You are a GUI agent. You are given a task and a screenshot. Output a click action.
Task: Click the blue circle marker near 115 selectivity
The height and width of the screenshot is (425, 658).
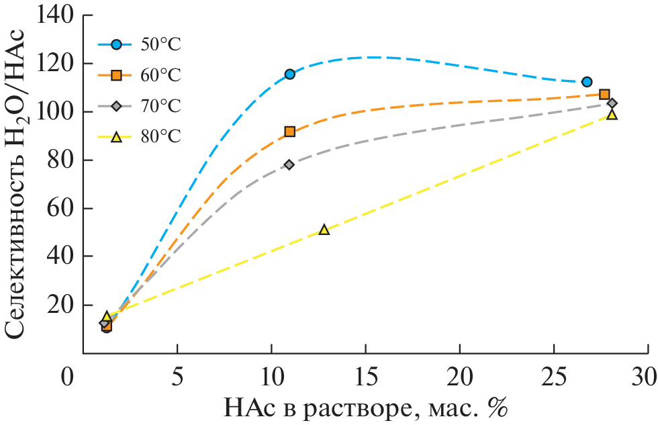(289, 74)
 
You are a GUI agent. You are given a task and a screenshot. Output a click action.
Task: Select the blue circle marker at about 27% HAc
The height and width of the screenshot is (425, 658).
(587, 82)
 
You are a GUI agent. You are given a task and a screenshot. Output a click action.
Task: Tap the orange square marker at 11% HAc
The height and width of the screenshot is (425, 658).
(289, 132)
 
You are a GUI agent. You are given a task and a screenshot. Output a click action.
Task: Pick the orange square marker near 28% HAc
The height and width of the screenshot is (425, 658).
(604, 95)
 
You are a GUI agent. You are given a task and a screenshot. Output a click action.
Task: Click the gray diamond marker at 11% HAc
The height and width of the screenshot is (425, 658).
(289, 164)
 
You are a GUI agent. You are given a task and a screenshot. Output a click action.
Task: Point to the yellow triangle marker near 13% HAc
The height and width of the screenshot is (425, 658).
(324, 230)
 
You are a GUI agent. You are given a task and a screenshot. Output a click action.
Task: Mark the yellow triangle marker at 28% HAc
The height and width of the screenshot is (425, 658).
(612, 115)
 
